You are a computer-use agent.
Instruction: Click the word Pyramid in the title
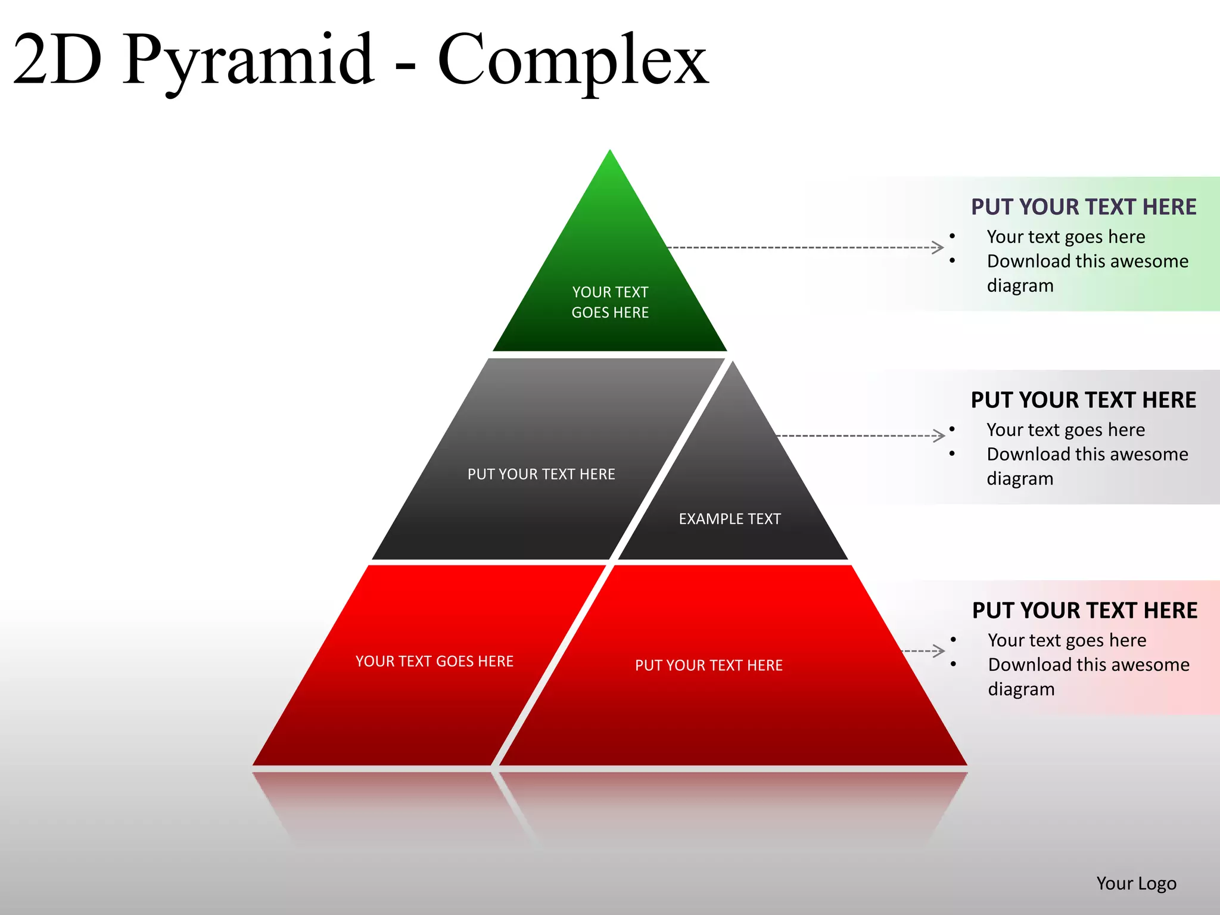(249, 60)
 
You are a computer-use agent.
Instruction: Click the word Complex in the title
(573, 60)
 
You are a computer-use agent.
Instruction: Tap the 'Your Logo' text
(1136, 883)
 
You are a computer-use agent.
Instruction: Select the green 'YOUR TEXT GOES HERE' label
(610, 302)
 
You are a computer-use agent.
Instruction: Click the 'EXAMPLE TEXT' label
(730, 519)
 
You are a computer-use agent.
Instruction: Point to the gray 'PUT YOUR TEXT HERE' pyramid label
(541, 474)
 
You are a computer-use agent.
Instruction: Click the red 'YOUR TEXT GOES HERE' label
(434, 661)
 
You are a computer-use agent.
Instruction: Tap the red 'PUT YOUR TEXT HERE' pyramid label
(709, 665)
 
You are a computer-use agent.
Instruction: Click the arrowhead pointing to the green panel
(939, 247)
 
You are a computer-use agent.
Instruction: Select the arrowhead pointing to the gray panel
(940, 435)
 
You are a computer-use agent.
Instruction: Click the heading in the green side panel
(1084, 207)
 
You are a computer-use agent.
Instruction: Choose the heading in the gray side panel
(1084, 400)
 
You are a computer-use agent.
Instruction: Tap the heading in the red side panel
(1085, 611)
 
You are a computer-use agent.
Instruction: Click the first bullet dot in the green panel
(953, 236)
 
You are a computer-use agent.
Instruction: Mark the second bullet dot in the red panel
(954, 664)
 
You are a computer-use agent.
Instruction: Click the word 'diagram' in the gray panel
(1020, 479)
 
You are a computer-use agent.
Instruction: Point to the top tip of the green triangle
(610, 151)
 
